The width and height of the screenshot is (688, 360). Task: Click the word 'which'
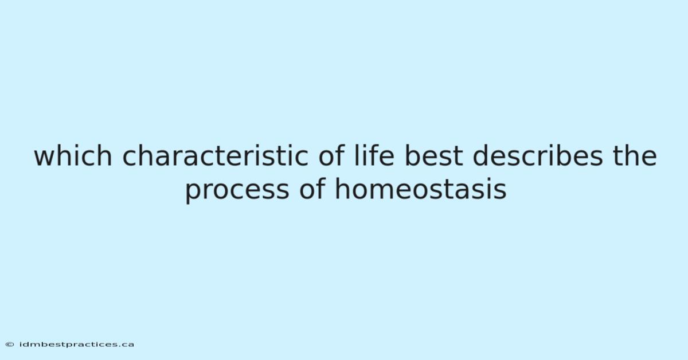pos(73,156)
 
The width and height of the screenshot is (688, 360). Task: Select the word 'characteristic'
pos(216,156)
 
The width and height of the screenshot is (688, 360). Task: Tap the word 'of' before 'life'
pos(331,156)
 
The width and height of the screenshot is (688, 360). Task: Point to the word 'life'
pos(374,156)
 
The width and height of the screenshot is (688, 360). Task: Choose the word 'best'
pos(433,156)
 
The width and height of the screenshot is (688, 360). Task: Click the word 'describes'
pos(538,156)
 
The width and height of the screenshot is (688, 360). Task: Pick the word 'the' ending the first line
pos(635,156)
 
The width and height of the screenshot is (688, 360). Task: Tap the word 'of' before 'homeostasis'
pos(312,189)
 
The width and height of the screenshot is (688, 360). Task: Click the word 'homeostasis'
pos(421,189)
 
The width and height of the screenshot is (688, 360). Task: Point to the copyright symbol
pos(10,345)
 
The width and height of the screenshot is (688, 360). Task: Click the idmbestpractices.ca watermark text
pos(76,345)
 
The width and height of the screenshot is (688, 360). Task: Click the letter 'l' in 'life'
pos(355,156)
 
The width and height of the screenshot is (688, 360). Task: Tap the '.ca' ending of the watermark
pos(127,345)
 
